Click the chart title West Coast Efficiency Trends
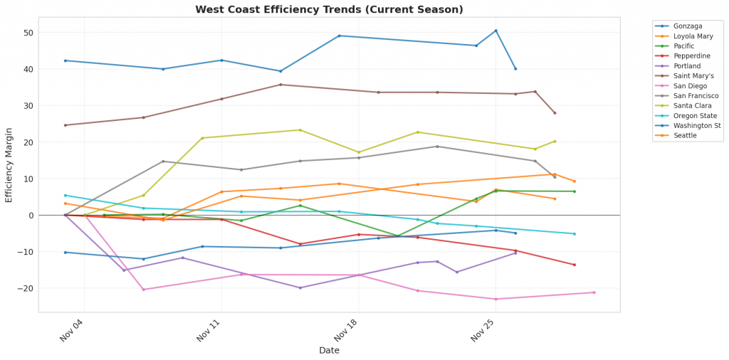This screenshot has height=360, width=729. [x=329, y=10]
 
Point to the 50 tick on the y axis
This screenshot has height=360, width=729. [x=28, y=33]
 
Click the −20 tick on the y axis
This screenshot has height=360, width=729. [x=26, y=288]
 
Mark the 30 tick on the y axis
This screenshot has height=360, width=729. [x=28, y=106]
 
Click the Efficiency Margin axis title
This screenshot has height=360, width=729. [x=9, y=165]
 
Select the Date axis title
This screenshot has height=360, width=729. [x=329, y=351]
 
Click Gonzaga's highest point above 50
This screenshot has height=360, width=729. [x=496, y=31]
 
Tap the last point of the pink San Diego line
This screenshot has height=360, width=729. [x=594, y=292]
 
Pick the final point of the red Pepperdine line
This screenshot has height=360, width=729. [x=575, y=265]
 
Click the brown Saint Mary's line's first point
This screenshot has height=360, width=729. [x=65, y=125]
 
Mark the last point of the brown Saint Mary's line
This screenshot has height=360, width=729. [x=555, y=113]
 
